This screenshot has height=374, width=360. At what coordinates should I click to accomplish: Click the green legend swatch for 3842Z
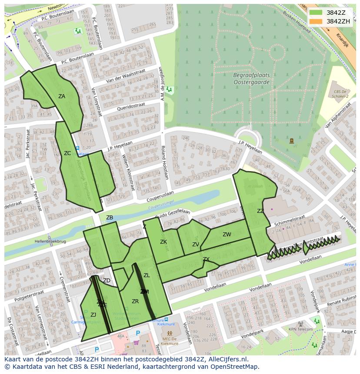[316, 13]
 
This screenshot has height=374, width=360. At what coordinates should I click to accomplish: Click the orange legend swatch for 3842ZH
[316, 21]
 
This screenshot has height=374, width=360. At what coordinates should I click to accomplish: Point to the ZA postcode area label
[62, 96]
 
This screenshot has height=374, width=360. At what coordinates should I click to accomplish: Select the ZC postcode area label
[67, 153]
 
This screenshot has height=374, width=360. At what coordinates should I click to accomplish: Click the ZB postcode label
[110, 218]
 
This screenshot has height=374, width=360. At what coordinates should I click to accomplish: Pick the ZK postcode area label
[163, 242]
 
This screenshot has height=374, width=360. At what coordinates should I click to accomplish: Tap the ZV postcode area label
[196, 245]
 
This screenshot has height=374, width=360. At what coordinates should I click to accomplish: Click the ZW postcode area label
[227, 235]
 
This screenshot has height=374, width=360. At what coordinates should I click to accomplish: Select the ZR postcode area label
[135, 301]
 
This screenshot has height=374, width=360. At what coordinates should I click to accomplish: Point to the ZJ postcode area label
[93, 315]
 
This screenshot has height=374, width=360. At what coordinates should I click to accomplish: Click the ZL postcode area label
[147, 275]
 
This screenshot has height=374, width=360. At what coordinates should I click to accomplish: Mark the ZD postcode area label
[107, 281]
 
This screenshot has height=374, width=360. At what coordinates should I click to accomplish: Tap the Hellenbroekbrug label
[50, 241]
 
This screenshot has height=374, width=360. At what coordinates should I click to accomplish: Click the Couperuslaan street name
[160, 194]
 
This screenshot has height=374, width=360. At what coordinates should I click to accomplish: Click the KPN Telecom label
[300, 329]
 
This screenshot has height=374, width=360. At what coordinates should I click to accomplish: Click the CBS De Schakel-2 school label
[341, 94]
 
